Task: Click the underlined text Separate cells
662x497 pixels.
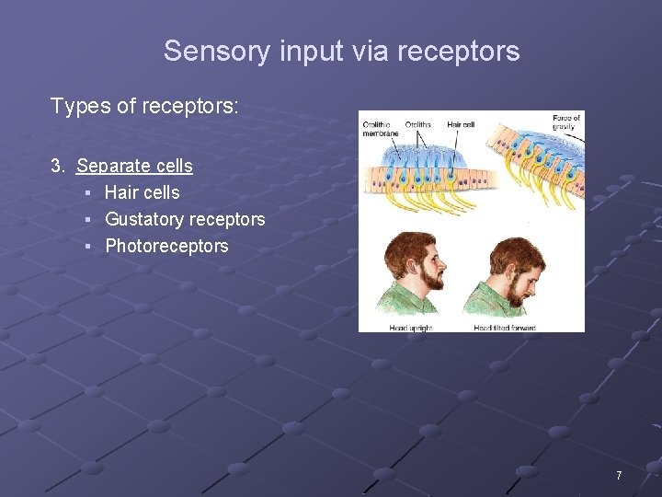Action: tap(134, 166)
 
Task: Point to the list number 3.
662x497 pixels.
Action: tap(58, 166)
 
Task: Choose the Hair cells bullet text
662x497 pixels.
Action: tap(142, 192)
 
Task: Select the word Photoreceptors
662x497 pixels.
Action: tap(166, 246)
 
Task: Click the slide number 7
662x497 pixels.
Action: tap(619, 476)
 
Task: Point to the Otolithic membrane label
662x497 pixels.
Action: tap(380, 128)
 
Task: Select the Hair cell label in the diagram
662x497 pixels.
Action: tap(462, 123)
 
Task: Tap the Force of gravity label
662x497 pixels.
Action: tap(566, 122)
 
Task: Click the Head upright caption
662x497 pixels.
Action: tap(410, 328)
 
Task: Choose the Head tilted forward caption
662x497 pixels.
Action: tap(504, 328)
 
